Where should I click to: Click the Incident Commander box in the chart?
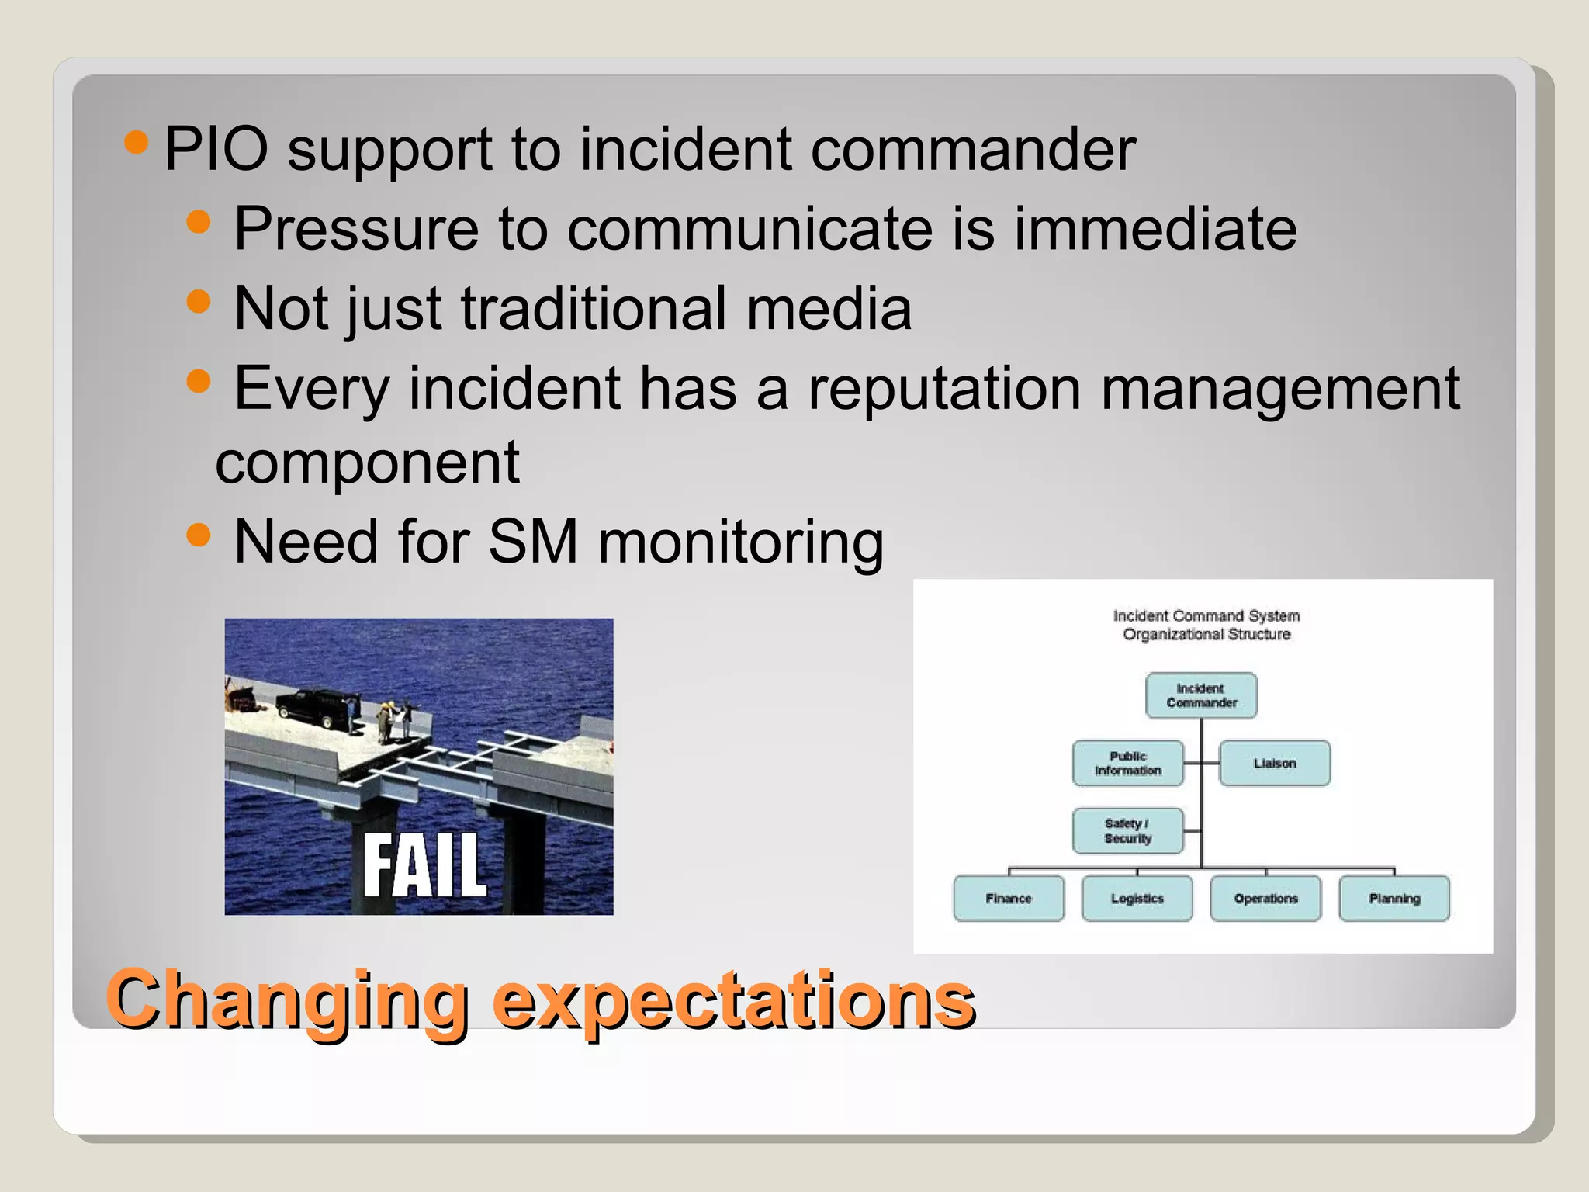1201,695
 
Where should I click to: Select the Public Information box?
1128,763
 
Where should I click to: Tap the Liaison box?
1274,763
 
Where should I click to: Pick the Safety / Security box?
1128,830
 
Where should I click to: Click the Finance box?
1009,898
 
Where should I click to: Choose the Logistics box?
1137,898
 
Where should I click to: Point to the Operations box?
1265,898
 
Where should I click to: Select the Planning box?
1394,898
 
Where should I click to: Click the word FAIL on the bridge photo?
424,865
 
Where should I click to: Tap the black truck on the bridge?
313,708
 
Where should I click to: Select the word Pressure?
356,229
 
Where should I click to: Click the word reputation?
944,388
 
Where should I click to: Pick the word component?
367,463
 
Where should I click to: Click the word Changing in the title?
287,1001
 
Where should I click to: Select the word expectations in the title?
733,1001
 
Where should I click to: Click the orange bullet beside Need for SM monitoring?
199,535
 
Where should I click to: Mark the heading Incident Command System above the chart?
1206,615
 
